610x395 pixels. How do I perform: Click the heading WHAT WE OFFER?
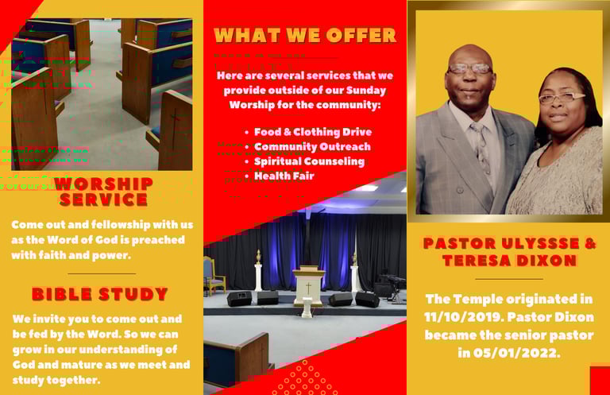[305, 35]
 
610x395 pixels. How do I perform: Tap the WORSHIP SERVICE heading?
[103, 192]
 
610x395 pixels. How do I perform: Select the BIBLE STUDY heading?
[99, 294]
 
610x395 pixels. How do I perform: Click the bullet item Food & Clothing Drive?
[313, 132]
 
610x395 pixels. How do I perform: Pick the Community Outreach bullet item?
[312, 147]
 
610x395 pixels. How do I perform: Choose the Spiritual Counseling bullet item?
[309, 161]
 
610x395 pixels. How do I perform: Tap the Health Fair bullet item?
[284, 176]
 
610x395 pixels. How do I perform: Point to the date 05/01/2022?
[515, 353]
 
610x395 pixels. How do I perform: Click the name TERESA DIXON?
[509, 261]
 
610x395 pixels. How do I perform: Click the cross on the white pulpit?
[308, 288]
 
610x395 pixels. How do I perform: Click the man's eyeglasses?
[469, 69]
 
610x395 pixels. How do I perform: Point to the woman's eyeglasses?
[561, 97]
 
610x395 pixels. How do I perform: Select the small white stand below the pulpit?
[307, 308]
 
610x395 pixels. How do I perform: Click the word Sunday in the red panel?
[365, 91]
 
